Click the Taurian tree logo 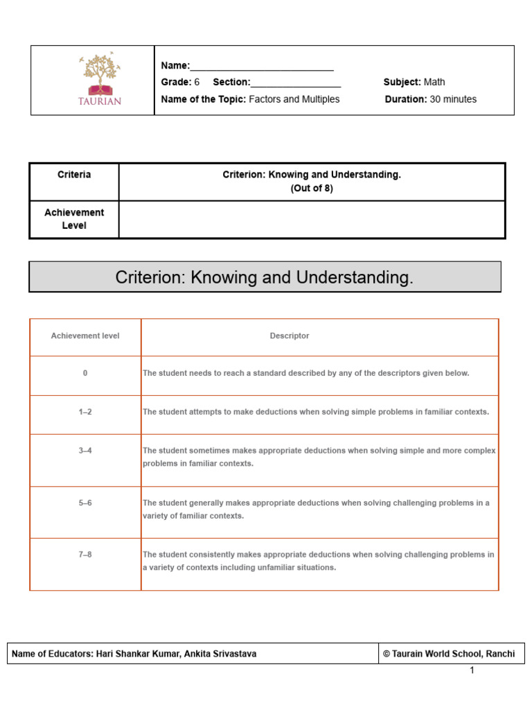[x=100, y=79]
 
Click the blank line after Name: [x=261, y=67]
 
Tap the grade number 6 [x=197, y=83]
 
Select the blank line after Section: [x=296, y=83]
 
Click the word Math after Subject [x=434, y=83]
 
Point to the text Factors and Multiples [x=294, y=99]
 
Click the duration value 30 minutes [x=453, y=99]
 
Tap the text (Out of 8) [x=312, y=189]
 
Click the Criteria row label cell [x=74, y=175]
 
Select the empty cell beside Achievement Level [x=312, y=220]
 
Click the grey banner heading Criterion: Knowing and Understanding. [x=265, y=277]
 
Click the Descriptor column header [x=290, y=336]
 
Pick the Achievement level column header [x=85, y=336]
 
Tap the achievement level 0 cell [x=85, y=373]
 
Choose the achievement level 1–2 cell [x=85, y=412]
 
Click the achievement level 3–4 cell [x=85, y=451]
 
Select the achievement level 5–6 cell [x=85, y=503]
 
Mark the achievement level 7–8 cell [x=85, y=555]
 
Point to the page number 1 [x=472, y=670]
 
